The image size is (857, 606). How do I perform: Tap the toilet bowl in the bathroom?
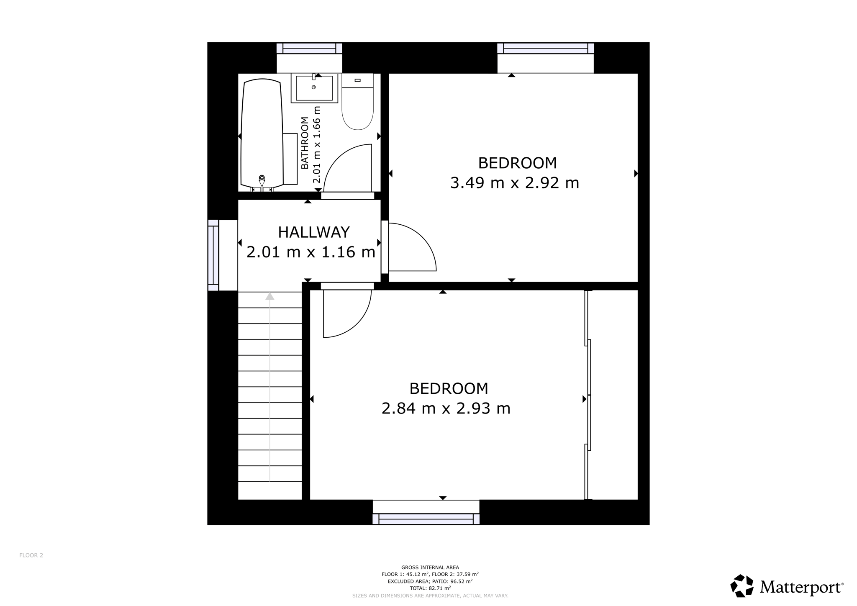[x=357, y=108]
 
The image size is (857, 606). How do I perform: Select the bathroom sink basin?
[x=314, y=88]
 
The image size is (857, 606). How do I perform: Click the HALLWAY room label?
[x=314, y=232]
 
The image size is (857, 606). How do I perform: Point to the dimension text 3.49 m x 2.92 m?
[x=514, y=183]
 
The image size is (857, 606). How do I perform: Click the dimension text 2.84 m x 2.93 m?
[x=446, y=408]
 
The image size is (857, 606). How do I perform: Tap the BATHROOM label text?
[x=305, y=143]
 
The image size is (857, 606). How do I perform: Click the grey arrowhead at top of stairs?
[x=270, y=296]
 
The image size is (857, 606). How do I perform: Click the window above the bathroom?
[x=309, y=49]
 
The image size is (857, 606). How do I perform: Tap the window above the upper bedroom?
[x=546, y=49]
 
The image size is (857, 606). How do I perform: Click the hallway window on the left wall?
[x=213, y=255]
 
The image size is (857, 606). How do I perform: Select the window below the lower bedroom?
[x=426, y=519]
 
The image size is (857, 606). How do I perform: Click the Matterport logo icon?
[x=742, y=586]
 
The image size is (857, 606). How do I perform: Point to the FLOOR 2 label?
[x=31, y=555]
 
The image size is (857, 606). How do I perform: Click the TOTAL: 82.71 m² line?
[x=430, y=588]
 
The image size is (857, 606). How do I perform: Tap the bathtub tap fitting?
[x=262, y=180]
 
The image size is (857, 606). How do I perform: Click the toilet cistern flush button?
[x=357, y=80]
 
